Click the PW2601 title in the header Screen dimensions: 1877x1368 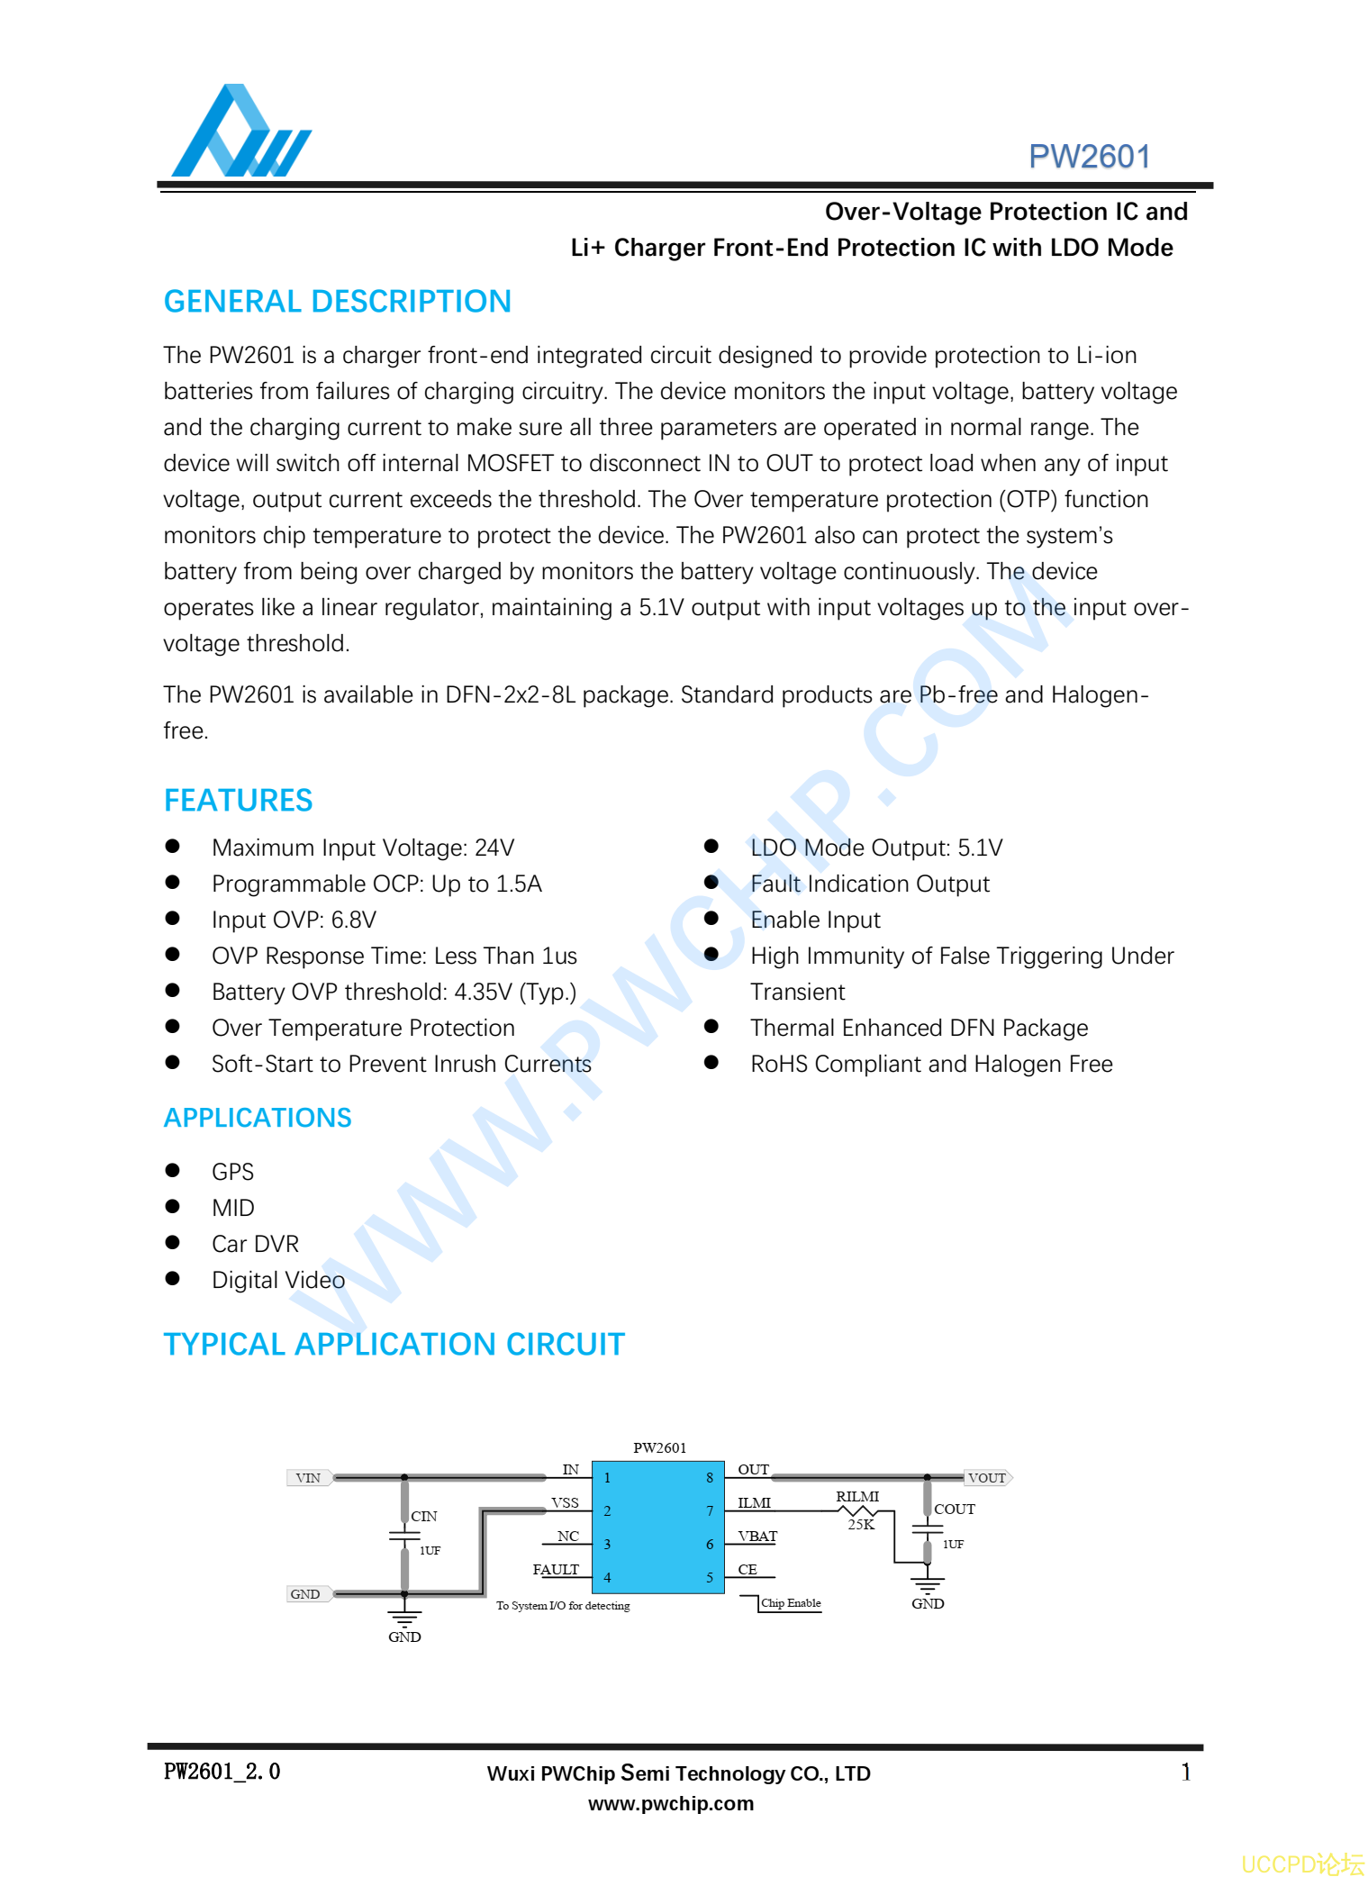pos(1089,157)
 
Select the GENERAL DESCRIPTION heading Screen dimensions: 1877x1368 pos(337,302)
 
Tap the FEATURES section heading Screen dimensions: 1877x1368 pos(238,801)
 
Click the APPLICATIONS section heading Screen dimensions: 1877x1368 pos(258,1118)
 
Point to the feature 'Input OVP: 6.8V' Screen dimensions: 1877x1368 pos(294,920)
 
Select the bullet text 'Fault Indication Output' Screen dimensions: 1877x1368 pos(869,884)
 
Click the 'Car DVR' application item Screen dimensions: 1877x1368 pos(255,1244)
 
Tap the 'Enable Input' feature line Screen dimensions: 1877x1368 pos(815,920)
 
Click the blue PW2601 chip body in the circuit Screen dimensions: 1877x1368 pos(657,1527)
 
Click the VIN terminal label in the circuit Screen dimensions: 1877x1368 pos(308,1478)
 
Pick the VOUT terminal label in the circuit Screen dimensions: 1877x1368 pos(987,1478)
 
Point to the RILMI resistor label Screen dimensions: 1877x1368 pos(856,1497)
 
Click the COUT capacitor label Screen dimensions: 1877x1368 pos(954,1510)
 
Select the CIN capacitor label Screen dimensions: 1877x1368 pos(424,1517)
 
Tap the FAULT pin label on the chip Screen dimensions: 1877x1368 pos(556,1570)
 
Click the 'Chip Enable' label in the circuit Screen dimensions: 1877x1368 pos(791,1603)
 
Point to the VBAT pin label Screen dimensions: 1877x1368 pos(756,1537)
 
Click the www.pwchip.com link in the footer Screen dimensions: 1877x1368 pos(671,1804)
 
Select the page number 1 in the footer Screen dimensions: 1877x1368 pos(1185,1773)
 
